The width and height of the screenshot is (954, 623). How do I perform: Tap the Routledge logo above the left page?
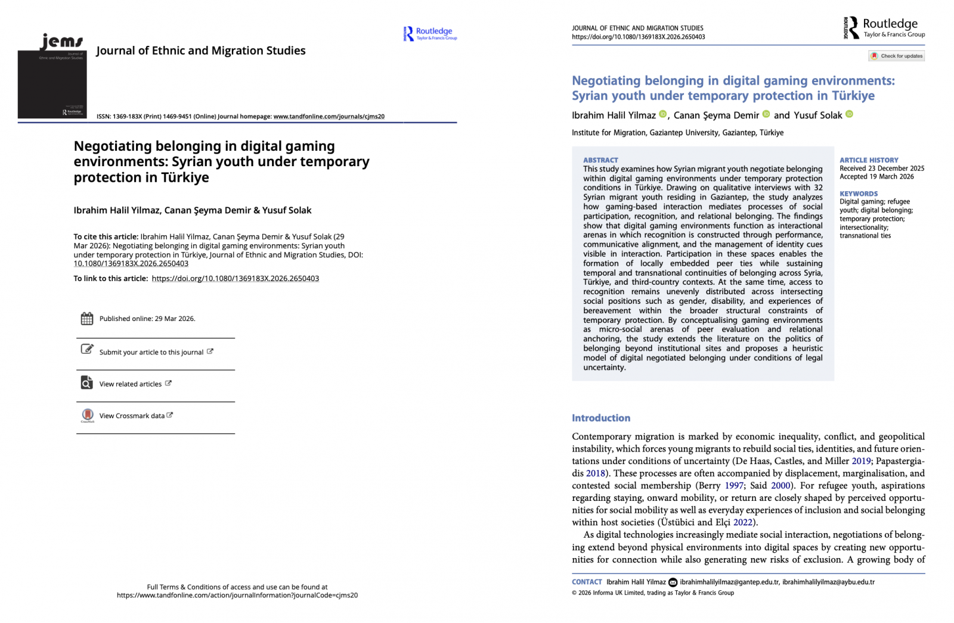[430, 34]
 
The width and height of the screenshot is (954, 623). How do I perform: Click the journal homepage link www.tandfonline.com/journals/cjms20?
[329, 117]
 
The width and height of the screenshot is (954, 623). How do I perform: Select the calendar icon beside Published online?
[87, 319]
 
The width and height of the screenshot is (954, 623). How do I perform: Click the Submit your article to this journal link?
[151, 352]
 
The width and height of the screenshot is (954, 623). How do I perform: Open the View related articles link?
[131, 384]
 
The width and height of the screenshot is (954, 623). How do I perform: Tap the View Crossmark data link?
[132, 416]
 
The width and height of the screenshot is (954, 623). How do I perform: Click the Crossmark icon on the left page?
[88, 415]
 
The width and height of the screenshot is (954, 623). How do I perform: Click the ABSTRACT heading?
[600, 160]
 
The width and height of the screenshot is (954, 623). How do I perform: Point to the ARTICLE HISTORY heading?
[869, 160]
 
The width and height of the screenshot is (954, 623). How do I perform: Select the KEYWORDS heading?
[859, 194]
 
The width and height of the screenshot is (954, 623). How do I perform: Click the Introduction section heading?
[601, 418]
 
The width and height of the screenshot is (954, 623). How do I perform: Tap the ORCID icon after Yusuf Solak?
[850, 114]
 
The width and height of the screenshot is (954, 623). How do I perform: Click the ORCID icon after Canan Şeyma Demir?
[766, 114]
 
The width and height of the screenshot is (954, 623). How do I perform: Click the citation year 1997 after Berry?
[734, 485]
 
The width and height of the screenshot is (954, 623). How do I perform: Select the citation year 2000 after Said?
[780, 485]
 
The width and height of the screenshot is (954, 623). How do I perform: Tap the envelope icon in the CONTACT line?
[673, 582]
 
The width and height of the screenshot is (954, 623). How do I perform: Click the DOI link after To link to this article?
[236, 278]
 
